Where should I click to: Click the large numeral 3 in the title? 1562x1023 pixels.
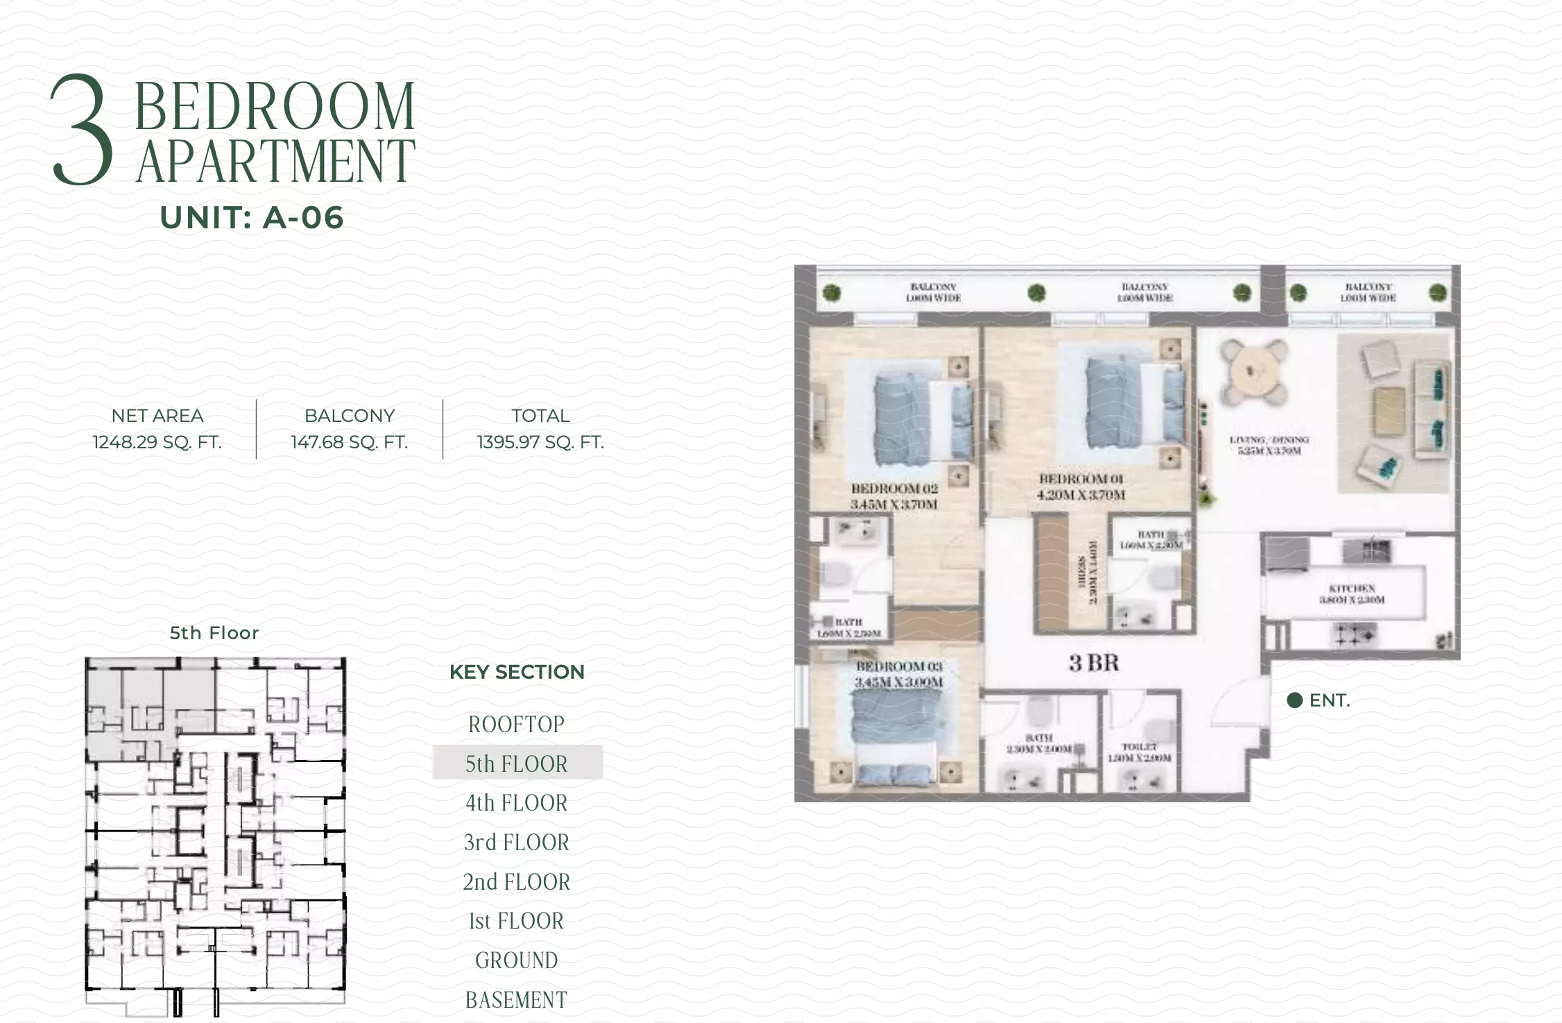pyautogui.click(x=82, y=130)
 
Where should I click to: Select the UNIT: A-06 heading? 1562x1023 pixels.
pyautogui.click(x=252, y=218)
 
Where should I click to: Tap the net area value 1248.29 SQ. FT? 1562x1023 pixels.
pyautogui.click(x=157, y=442)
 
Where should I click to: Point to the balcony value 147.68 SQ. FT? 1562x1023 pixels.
pyautogui.click(x=349, y=442)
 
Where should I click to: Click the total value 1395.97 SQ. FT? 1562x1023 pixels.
pyautogui.click(x=540, y=442)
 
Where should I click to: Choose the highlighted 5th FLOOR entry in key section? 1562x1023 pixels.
pyautogui.click(x=517, y=763)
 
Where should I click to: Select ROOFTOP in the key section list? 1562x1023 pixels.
pyautogui.click(x=517, y=725)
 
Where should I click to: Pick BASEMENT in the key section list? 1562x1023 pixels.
pyautogui.click(x=517, y=1000)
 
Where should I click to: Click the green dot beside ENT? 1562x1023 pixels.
pyautogui.click(x=1294, y=700)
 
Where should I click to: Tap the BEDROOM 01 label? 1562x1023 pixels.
pyautogui.click(x=1081, y=479)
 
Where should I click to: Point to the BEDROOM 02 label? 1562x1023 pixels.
pyautogui.click(x=894, y=489)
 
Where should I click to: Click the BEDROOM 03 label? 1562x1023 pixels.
pyautogui.click(x=899, y=666)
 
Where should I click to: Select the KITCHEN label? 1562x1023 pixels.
pyautogui.click(x=1352, y=589)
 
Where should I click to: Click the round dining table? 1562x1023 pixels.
pyautogui.click(x=1255, y=373)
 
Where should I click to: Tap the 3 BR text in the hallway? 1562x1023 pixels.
pyautogui.click(x=1094, y=663)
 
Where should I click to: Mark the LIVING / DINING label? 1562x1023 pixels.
pyautogui.click(x=1269, y=440)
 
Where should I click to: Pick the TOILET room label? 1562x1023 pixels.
pyautogui.click(x=1139, y=747)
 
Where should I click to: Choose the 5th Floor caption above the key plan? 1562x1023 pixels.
pyautogui.click(x=214, y=633)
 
